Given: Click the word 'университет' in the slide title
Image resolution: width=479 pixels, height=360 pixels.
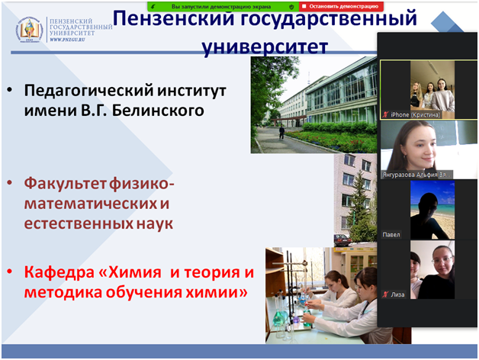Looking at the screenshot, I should [265, 48].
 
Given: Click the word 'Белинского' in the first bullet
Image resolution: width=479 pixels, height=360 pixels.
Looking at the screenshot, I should [162, 111].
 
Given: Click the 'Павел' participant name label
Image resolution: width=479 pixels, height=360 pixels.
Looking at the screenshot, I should [391, 234].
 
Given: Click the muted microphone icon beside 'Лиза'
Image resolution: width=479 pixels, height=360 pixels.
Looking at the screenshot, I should [385, 294].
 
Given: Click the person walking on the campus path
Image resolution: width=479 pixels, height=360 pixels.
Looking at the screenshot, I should [281, 132].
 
